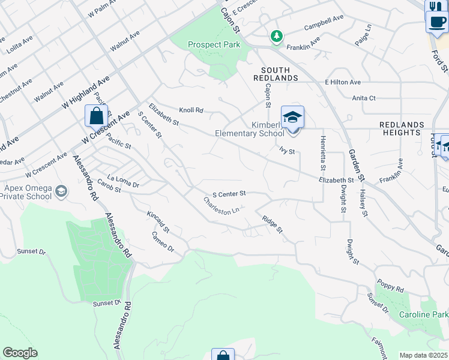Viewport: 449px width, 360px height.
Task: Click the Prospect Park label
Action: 214,44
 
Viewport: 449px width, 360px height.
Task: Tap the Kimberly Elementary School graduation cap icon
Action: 292,117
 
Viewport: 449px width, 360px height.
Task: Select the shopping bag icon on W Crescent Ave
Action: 97,116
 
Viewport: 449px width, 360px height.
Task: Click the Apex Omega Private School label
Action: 27,191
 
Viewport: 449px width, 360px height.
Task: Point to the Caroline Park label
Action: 424,315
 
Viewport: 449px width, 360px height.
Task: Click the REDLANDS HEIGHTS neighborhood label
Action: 402,128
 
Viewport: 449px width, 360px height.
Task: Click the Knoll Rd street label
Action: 191,110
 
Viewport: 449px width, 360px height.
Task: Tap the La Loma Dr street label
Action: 122,183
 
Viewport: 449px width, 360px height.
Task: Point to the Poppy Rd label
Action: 390,286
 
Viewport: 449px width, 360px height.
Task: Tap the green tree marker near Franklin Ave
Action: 276,37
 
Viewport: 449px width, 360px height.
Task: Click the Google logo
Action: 20,353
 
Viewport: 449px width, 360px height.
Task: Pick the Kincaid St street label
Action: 158,221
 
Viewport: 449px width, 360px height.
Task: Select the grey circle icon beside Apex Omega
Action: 60,191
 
